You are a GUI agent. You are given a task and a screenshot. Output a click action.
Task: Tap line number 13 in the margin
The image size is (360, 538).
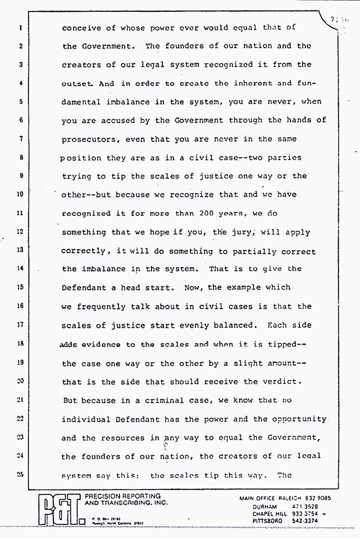coord(20,250)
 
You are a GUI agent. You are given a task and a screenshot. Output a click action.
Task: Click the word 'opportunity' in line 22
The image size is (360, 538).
coord(299,419)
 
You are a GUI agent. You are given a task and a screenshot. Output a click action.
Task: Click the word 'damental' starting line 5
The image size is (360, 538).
coord(81,102)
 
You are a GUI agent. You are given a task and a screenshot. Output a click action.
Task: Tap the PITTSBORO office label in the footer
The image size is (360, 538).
coord(267,521)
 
